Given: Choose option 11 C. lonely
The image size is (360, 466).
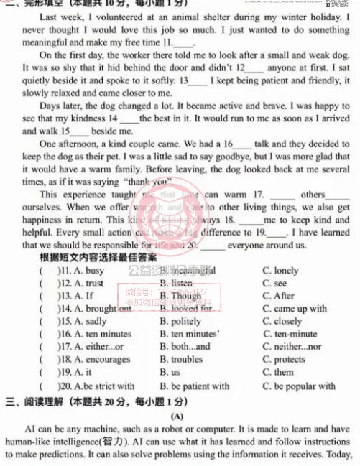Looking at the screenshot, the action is [280, 271].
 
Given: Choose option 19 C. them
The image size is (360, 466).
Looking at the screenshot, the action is [278, 372].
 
